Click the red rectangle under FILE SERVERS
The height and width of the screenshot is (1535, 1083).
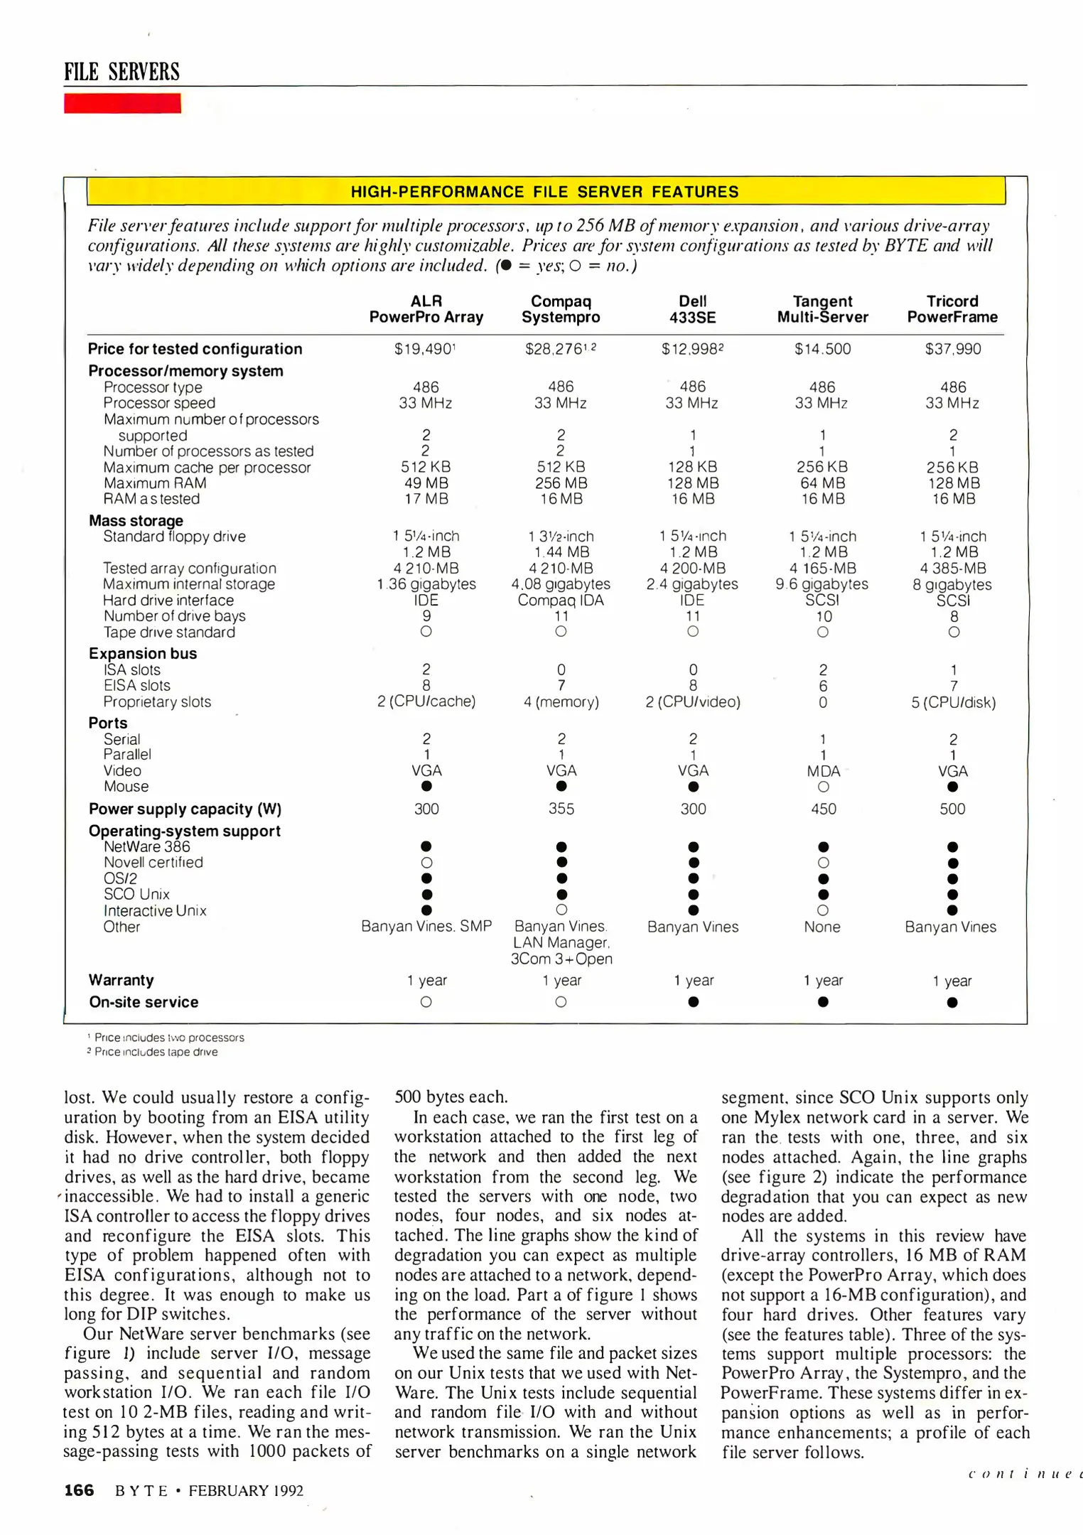pyautogui.click(x=122, y=103)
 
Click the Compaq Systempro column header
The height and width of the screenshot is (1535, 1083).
pyautogui.click(x=561, y=309)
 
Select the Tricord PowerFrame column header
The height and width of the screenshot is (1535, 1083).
pyautogui.click(x=952, y=309)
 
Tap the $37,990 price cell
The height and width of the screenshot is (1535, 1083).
pyautogui.click(x=952, y=349)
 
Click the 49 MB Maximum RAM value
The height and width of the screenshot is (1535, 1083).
pyautogui.click(x=426, y=483)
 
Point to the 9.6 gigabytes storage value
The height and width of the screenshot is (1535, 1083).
pyautogui.click(x=822, y=584)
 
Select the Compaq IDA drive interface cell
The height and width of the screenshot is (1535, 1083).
pyautogui.click(x=561, y=600)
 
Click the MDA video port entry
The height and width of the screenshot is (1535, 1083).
pyautogui.click(x=823, y=771)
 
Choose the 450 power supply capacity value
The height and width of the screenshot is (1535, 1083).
pyautogui.click(x=824, y=809)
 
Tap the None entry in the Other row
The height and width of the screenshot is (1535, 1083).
pyautogui.click(x=822, y=927)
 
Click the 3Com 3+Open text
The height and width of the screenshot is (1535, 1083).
pyautogui.click(x=561, y=959)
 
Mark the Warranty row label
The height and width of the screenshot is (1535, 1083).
pyautogui.click(x=122, y=980)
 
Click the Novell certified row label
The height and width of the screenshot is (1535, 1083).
pyautogui.click(x=153, y=863)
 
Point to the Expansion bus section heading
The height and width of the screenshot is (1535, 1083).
pyautogui.click(x=143, y=654)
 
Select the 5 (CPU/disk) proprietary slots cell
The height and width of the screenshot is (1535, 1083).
pyautogui.click(x=953, y=703)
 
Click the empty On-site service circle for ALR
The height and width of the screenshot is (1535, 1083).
pyautogui.click(x=426, y=1002)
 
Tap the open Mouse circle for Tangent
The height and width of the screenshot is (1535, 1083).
pyautogui.click(x=823, y=787)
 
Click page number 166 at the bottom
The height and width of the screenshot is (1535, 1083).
pyautogui.click(x=79, y=1490)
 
